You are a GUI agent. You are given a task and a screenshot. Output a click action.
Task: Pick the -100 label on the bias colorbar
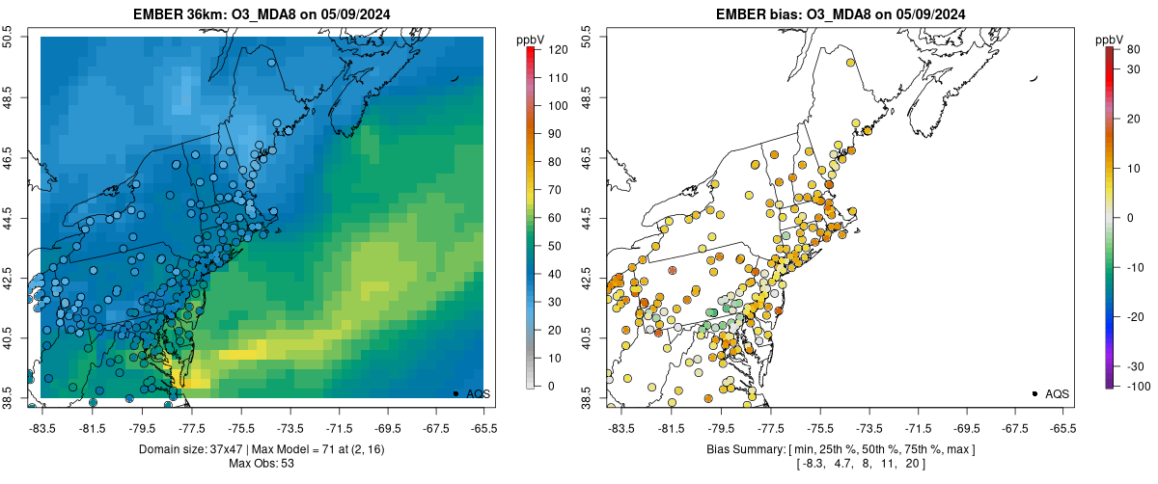pyautogui.click(x=1125, y=386)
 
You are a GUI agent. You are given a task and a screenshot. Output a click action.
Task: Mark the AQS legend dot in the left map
pyautogui.click(x=455, y=393)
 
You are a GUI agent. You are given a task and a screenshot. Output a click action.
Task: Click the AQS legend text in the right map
pyautogui.click(x=1056, y=393)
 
